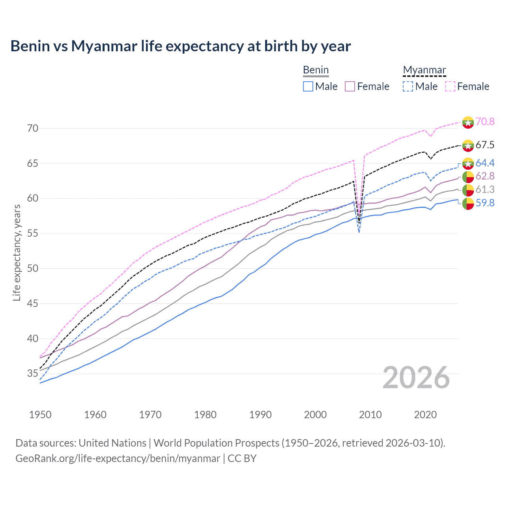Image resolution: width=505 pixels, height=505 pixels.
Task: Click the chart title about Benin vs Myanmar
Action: click(x=180, y=46)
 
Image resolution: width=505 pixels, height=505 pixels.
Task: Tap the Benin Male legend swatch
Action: click(x=308, y=86)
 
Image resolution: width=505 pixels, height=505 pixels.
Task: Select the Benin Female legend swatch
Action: click(x=350, y=86)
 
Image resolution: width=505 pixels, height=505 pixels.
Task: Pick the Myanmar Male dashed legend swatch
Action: click(x=408, y=86)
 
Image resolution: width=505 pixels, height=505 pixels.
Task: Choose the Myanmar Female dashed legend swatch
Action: click(x=450, y=86)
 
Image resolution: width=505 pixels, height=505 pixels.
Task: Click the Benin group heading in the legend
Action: click(x=316, y=70)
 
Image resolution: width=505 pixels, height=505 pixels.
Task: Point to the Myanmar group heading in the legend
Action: click(x=424, y=70)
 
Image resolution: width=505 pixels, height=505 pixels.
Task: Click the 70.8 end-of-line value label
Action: click(x=485, y=122)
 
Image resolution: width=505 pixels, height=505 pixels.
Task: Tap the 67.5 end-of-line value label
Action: click(x=485, y=145)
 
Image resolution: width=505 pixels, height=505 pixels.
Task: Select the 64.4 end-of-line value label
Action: click(x=485, y=163)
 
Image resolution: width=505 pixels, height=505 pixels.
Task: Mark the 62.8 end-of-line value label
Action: click(x=485, y=176)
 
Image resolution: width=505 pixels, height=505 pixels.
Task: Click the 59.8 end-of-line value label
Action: click(x=485, y=203)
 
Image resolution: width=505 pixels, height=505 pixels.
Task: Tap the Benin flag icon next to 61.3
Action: click(x=468, y=190)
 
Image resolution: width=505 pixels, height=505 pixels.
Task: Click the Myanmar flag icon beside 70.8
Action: click(x=468, y=122)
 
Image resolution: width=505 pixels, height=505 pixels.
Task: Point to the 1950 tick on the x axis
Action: click(x=40, y=415)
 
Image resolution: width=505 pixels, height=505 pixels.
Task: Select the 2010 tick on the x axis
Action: click(x=370, y=415)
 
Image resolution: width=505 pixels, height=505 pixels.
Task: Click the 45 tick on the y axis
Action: click(x=33, y=303)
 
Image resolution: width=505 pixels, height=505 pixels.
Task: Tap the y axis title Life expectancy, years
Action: click(x=17, y=252)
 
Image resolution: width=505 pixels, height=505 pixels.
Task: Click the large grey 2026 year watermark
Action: click(x=416, y=378)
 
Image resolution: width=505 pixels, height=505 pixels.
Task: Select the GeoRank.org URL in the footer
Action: click(x=118, y=458)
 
